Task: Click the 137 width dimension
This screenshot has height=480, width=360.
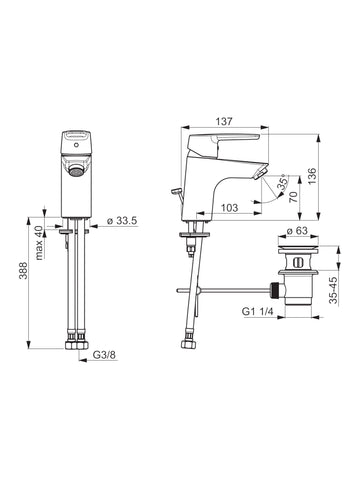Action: pyautogui.click(x=224, y=121)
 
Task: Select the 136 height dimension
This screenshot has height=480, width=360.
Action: pyautogui.click(x=311, y=176)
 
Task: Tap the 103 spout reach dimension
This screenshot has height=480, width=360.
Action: pyautogui.click(x=230, y=208)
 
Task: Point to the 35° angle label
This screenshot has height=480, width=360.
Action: pyautogui.click(x=284, y=183)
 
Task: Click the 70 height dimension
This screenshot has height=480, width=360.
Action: pyautogui.click(x=293, y=197)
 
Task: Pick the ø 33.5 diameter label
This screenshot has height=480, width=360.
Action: pyautogui.click(x=122, y=221)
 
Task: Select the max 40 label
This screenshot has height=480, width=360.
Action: pyautogui.click(x=39, y=243)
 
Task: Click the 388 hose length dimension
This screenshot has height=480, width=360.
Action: pyautogui.click(x=23, y=271)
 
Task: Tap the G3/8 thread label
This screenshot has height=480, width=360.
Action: pyautogui.click(x=104, y=355)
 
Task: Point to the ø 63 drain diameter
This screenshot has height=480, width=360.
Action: pyautogui.click(x=297, y=230)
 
